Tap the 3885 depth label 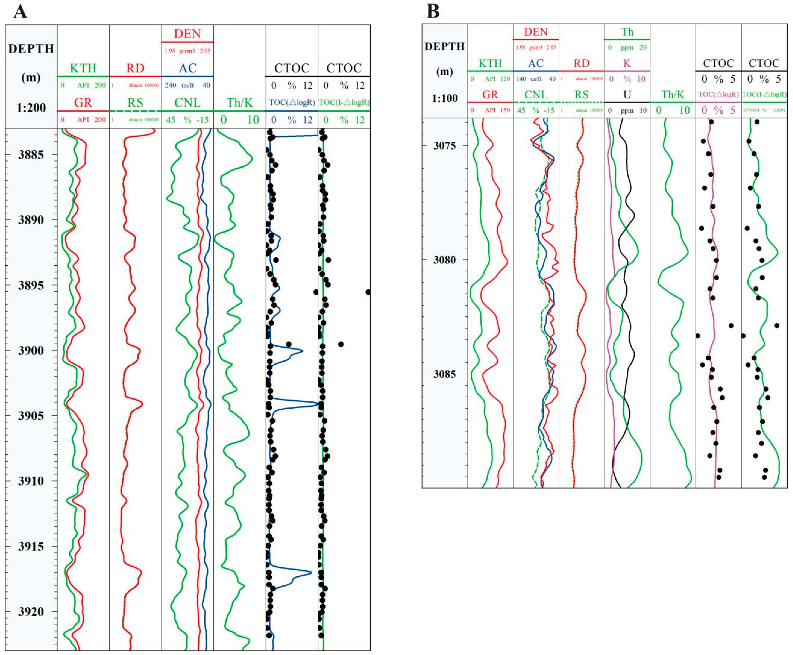31,155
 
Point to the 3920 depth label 31,612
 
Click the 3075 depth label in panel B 445,146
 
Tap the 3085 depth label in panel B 445,374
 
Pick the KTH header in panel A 83,68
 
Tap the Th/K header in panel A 239,103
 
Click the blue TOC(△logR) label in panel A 292,103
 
